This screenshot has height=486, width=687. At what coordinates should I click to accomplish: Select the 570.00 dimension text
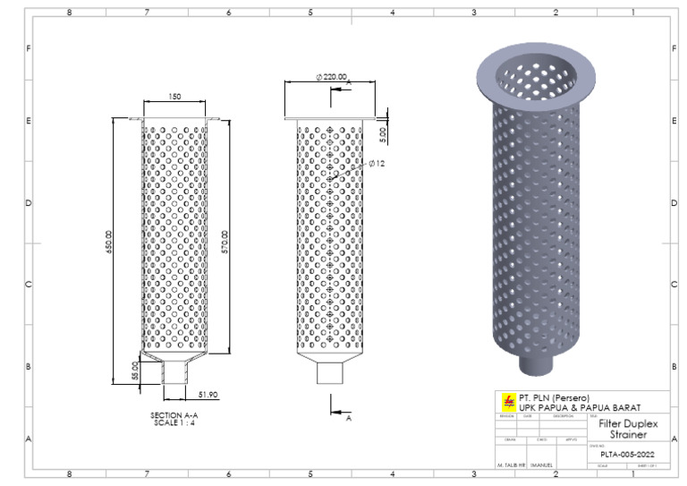point(225,242)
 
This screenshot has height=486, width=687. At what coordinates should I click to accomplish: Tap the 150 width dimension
point(174,95)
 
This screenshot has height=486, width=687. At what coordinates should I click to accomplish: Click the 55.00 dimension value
point(135,370)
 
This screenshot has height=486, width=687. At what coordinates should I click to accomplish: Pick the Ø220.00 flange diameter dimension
point(332,78)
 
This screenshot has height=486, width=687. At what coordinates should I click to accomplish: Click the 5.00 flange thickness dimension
point(382,135)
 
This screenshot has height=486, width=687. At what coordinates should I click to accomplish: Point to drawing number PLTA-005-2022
point(627,454)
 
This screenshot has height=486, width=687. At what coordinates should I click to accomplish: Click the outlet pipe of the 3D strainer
point(536,364)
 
